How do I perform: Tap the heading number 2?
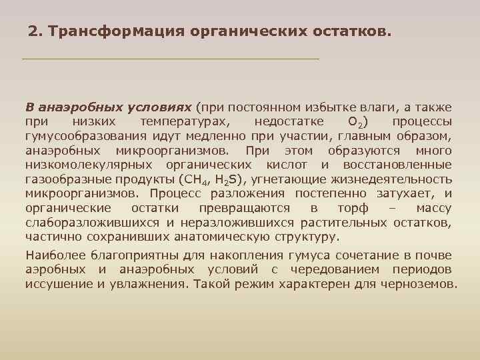pos(34,31)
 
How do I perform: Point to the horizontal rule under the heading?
pos(171,59)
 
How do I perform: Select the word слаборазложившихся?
pos(91,222)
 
